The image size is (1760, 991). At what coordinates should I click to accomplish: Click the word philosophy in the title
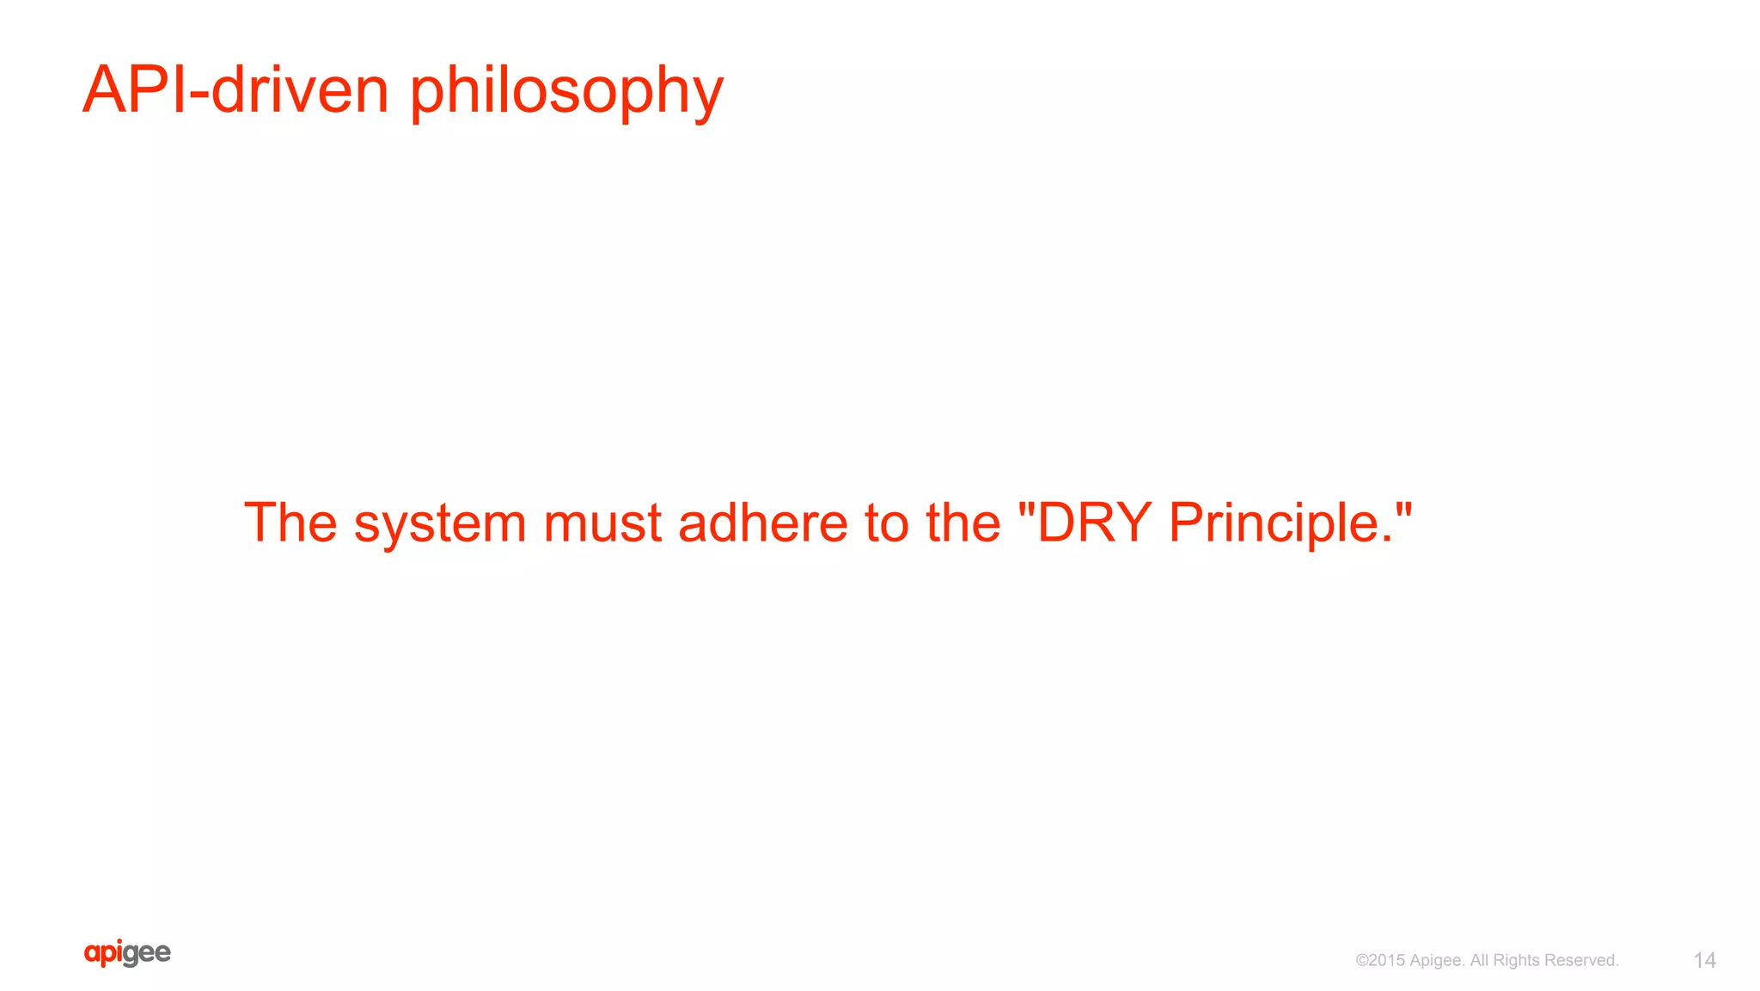(x=566, y=91)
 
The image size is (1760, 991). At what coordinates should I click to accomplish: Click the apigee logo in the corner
(x=127, y=952)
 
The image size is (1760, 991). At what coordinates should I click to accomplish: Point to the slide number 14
(x=1704, y=960)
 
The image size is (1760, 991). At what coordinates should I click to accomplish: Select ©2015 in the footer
(x=1379, y=960)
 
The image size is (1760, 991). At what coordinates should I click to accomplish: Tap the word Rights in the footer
(x=1519, y=960)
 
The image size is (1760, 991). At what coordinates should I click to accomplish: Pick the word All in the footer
(x=1479, y=960)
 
